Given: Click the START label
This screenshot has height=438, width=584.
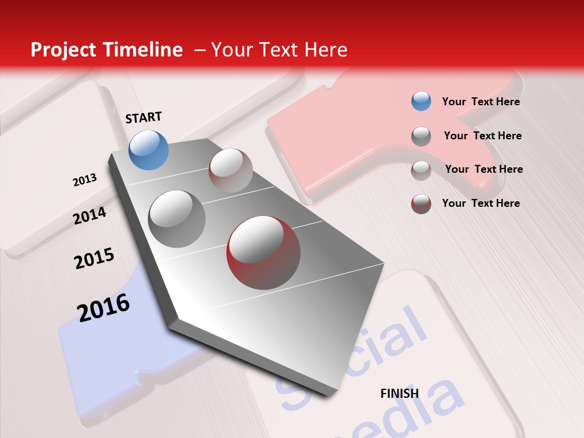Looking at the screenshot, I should coord(144,117).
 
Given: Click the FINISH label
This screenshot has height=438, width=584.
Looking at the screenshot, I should coord(399,394).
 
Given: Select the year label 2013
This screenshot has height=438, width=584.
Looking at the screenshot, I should coord(85,180).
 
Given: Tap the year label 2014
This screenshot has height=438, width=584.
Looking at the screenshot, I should coord(89,215).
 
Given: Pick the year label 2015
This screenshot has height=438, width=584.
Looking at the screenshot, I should coord(94,259).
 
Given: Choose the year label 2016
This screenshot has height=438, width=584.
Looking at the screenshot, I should coord(103,307).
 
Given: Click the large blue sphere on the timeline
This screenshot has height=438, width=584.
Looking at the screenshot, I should coord(148,150).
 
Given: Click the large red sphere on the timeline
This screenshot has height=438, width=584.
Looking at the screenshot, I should coord(263,252).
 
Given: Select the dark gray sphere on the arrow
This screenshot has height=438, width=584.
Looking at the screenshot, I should coord(177,218).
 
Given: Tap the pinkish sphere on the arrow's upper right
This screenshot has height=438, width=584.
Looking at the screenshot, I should coord(231,170).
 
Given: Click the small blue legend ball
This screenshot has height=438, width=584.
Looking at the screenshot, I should coord(421,101).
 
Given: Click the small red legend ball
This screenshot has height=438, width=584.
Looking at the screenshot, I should coord(421,203).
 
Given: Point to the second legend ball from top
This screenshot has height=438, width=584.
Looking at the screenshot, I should coord(421,136).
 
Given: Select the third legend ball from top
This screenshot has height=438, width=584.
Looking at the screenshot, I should coord(421,170).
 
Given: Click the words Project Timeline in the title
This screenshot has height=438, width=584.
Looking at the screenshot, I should coord(106,50).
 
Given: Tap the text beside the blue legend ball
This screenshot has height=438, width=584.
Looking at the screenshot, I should coord(481,102).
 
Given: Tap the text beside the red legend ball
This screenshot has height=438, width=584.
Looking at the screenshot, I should coord(481,203).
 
